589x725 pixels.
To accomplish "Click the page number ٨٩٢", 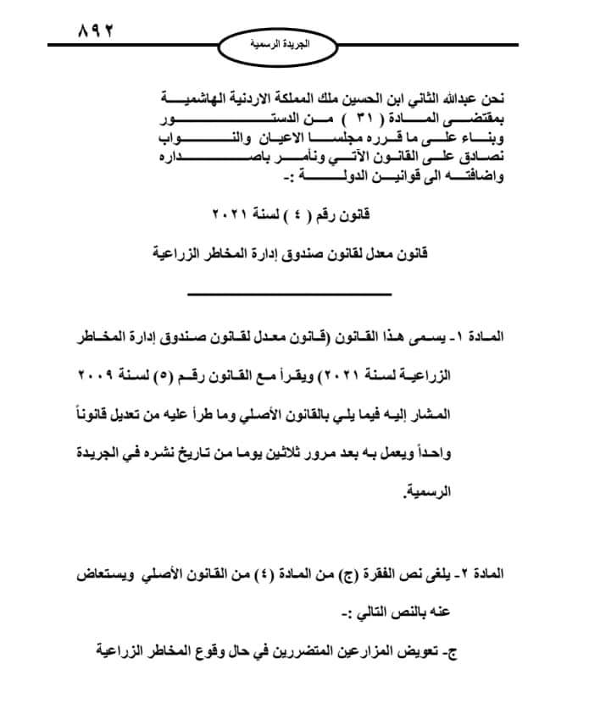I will [x=95, y=31].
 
